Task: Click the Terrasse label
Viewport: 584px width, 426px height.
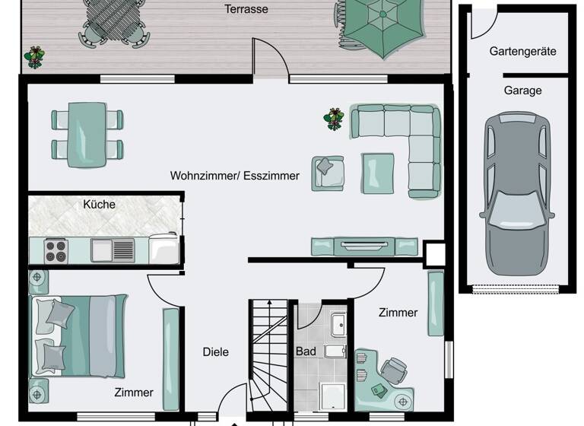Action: tap(246, 10)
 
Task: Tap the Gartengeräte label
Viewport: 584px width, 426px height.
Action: tap(522, 52)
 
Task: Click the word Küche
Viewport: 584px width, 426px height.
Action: tap(100, 204)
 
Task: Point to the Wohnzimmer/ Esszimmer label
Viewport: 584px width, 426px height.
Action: tap(235, 176)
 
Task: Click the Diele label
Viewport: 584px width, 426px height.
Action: tap(215, 352)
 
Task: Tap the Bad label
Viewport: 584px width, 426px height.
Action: tap(306, 351)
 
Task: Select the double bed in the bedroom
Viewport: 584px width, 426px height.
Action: tap(78, 335)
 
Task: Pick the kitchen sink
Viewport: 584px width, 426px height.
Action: tap(112, 250)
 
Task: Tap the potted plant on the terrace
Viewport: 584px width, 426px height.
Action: tap(34, 56)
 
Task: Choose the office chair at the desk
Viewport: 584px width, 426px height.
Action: tap(394, 370)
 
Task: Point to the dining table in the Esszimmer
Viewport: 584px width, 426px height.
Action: tap(87, 134)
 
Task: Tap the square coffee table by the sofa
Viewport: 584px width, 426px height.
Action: tap(377, 173)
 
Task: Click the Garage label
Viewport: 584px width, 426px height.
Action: tap(522, 91)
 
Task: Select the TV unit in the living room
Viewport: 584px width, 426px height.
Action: tap(364, 246)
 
